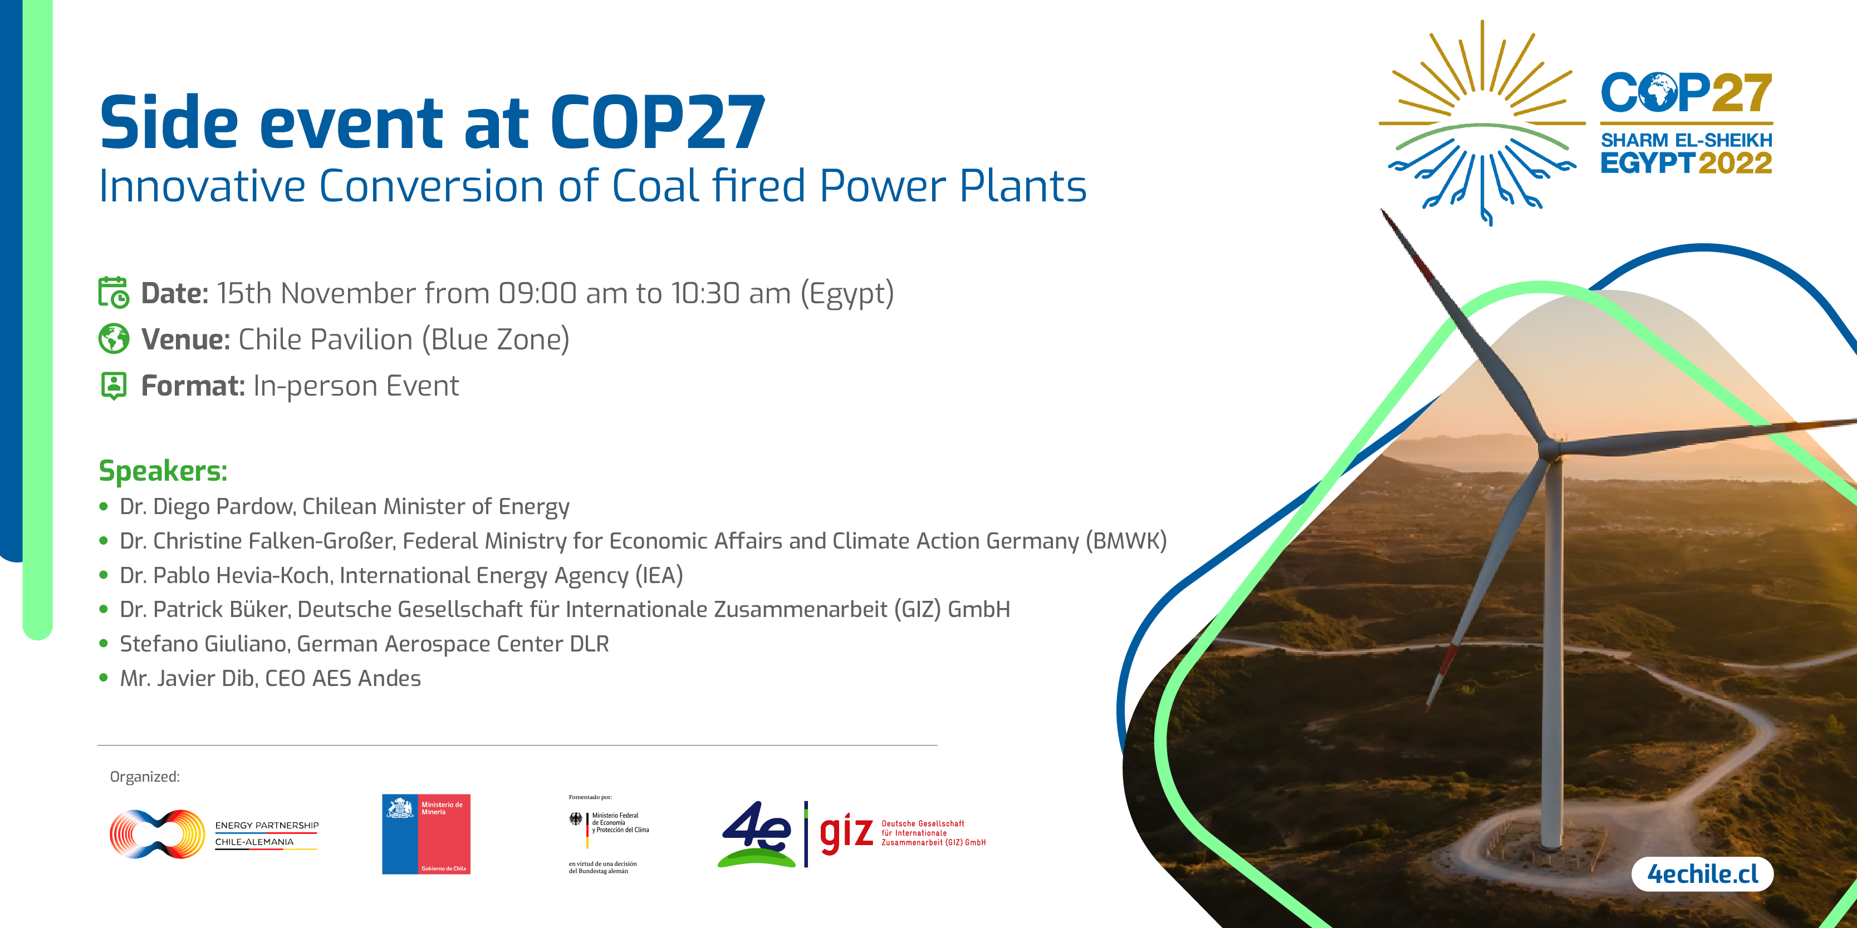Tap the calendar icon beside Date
(113, 293)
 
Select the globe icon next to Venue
(113, 339)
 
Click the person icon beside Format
(113, 386)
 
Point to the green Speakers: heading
(163, 471)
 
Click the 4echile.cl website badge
(1702, 874)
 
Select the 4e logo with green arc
(757, 835)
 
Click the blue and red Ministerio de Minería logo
(426, 835)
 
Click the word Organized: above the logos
(145, 777)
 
